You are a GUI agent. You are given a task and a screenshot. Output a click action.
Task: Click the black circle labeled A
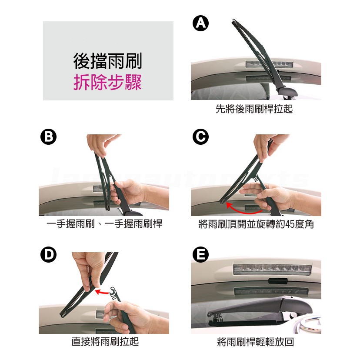click(200, 23)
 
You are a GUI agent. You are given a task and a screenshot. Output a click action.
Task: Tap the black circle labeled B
click(48, 137)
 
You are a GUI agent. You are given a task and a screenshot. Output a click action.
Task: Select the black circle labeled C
click(200, 137)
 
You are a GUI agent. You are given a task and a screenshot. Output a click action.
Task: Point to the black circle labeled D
click(48, 255)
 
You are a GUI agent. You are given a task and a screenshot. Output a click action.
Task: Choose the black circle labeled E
click(200, 255)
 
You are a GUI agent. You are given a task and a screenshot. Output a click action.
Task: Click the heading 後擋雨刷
click(108, 61)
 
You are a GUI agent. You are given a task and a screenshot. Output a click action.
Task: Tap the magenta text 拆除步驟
click(108, 82)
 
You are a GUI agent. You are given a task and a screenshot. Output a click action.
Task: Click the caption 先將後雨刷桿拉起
click(254, 109)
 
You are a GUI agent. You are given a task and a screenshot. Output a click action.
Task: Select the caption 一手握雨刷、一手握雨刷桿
click(104, 224)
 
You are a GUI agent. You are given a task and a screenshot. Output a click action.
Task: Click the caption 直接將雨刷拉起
click(105, 341)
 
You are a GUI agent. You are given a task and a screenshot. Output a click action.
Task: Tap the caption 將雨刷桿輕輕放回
click(255, 342)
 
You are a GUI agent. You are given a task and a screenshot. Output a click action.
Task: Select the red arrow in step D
click(102, 292)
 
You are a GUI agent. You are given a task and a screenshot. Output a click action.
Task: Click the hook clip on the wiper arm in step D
click(114, 293)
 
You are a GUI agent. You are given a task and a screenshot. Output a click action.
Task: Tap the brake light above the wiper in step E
click(272, 269)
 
